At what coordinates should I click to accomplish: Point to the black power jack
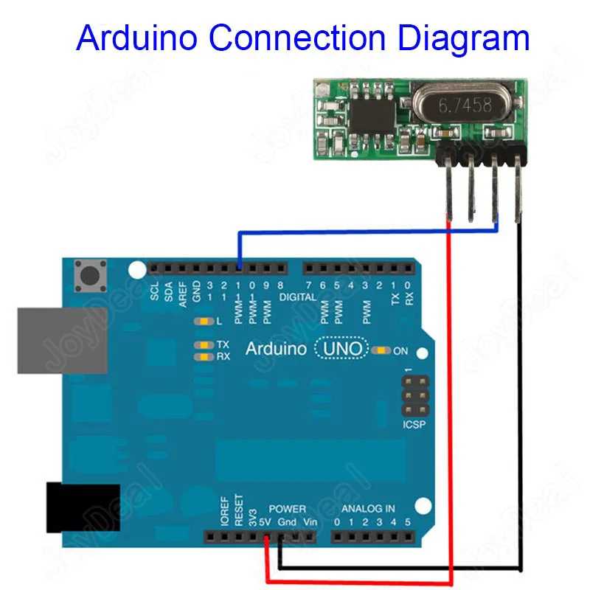point(83,507)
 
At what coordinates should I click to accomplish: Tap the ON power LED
point(381,350)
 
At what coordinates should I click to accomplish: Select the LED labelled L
point(201,322)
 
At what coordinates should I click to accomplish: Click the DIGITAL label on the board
point(298,297)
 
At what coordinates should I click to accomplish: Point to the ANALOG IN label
point(368,509)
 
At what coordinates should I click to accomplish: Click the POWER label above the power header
point(287,509)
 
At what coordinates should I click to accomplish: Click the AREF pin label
point(182,292)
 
